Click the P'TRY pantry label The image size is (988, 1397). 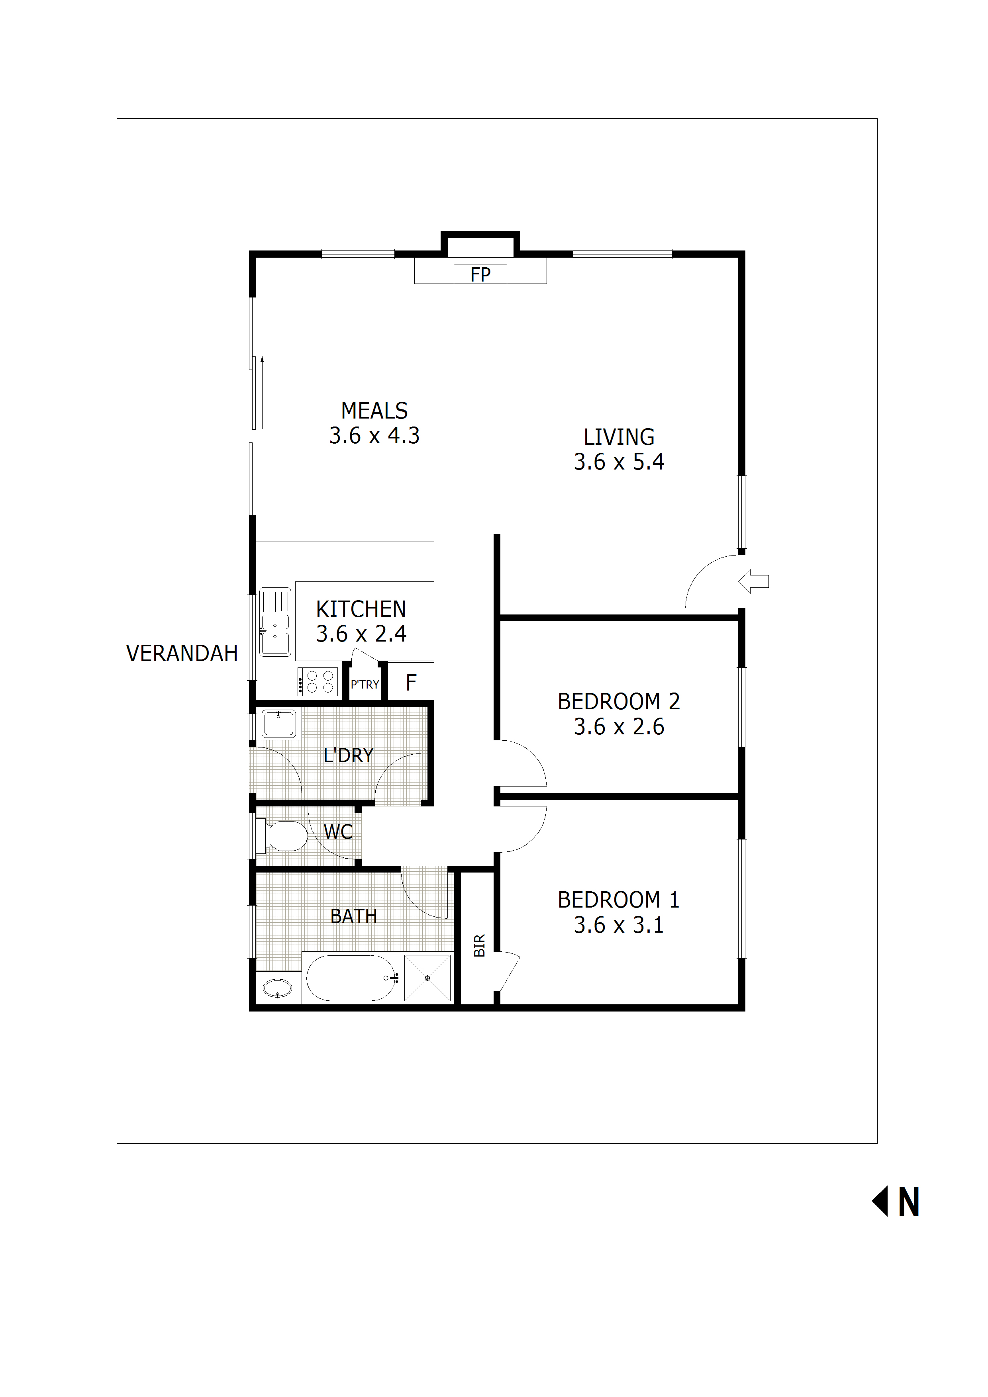365,685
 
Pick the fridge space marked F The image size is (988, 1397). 411,682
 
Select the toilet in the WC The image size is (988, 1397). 285,836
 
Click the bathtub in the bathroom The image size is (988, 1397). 351,978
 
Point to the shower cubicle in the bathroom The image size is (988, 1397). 427,978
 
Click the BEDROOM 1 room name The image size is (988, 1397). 618,900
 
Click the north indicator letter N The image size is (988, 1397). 908,1202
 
